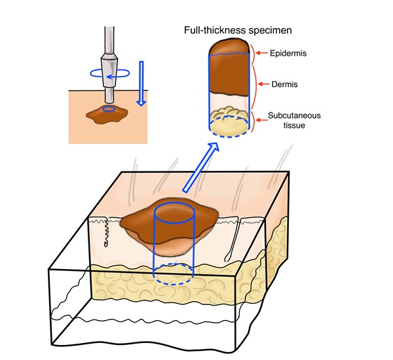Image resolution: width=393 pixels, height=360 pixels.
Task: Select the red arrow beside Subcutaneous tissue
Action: (x=261, y=118)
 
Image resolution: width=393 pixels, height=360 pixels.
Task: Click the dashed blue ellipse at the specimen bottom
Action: (x=228, y=125)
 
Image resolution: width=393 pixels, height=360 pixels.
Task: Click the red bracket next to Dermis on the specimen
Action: (x=253, y=85)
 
